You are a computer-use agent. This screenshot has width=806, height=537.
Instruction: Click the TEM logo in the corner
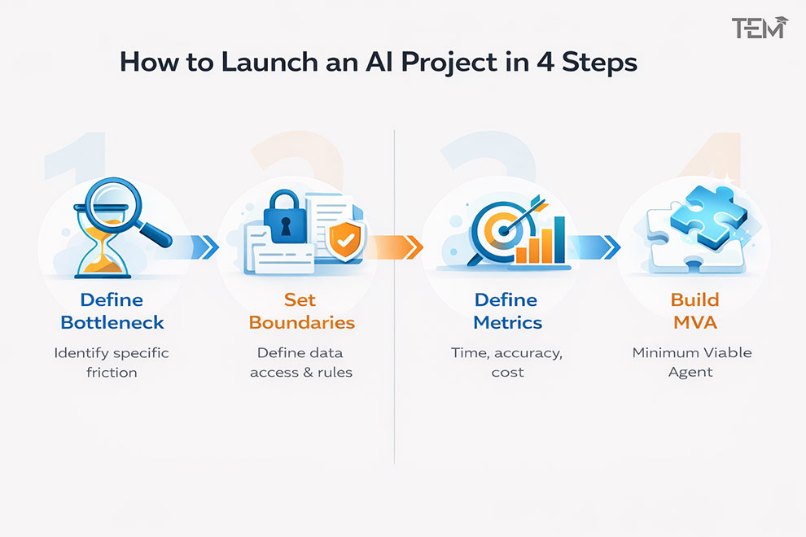click(x=760, y=28)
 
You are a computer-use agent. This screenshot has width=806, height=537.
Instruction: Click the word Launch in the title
click(x=269, y=62)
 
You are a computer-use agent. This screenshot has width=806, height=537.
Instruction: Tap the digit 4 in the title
click(x=546, y=62)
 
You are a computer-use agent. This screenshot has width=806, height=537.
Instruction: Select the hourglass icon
click(x=101, y=241)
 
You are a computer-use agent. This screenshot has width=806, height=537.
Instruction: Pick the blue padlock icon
click(x=285, y=217)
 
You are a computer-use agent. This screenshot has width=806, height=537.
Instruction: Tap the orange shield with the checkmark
click(x=345, y=240)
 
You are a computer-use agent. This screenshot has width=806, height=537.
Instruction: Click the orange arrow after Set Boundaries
click(x=396, y=247)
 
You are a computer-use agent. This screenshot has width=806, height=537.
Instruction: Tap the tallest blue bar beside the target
click(x=559, y=239)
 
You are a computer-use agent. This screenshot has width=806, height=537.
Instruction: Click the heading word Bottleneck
click(x=112, y=323)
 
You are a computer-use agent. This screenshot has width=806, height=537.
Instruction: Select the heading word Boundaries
click(x=302, y=323)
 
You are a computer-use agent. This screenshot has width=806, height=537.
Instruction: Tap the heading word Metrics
click(x=507, y=323)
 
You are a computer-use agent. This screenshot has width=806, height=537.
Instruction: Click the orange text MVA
click(x=695, y=323)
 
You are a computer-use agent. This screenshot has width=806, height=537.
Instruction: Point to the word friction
click(x=112, y=372)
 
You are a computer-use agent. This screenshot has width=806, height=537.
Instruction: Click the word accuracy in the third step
click(x=528, y=354)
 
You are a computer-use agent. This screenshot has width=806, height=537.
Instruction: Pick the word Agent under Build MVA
click(x=690, y=373)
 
